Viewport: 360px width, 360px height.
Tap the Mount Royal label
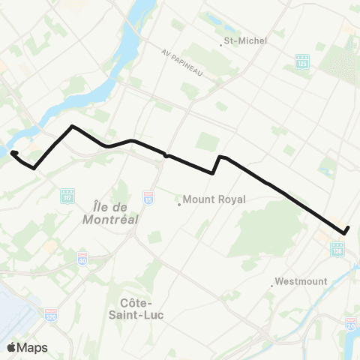pyautogui.click(x=215, y=200)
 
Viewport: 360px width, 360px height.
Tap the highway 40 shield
pyautogui.click(x=82, y=259)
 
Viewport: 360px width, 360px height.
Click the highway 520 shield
pyautogui.click(x=51, y=313)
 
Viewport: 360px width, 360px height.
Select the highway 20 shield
pyautogui.click(x=351, y=323)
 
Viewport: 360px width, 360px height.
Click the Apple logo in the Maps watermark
pyautogui.click(x=12, y=346)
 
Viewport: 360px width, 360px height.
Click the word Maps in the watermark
pyautogui.click(x=33, y=347)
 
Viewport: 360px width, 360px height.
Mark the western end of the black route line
pyautogui.click(x=13, y=154)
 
